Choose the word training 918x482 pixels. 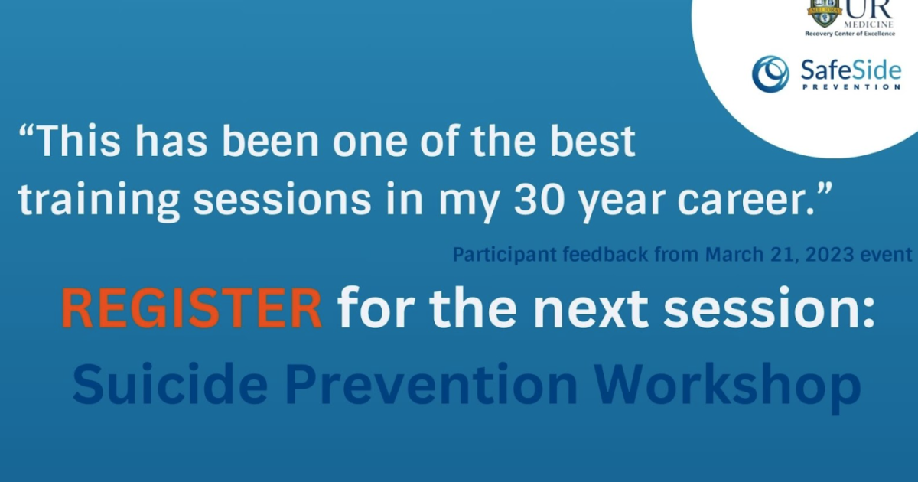coord(100,197)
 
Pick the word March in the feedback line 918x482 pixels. coord(732,255)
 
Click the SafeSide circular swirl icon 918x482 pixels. coord(770,73)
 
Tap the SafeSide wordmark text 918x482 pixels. coord(850,70)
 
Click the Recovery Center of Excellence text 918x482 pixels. coord(850,34)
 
